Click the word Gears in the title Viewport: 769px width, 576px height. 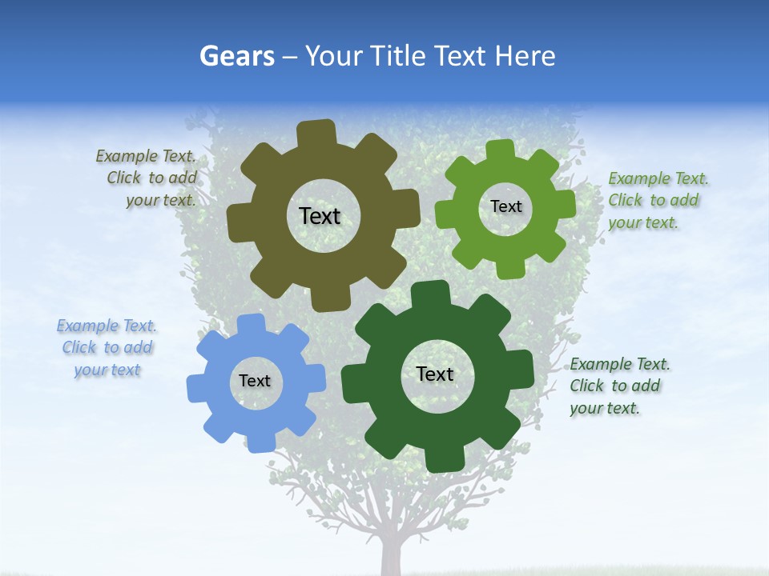coord(236,56)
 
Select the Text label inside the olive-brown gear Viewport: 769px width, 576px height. coord(320,216)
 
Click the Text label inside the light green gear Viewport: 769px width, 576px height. coord(505,206)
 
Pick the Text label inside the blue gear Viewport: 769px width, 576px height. coord(254,381)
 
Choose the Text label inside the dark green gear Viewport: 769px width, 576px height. coord(435,374)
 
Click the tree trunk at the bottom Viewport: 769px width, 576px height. coord(391,556)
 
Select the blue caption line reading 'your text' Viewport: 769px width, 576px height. coord(107,370)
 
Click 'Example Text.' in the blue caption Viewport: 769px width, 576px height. coord(107,326)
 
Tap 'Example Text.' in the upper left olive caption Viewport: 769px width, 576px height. coord(146,156)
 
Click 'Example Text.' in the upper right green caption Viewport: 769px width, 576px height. coord(658,178)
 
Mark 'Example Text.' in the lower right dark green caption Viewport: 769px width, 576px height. coord(620,364)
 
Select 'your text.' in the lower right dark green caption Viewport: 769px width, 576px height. coord(605,408)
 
